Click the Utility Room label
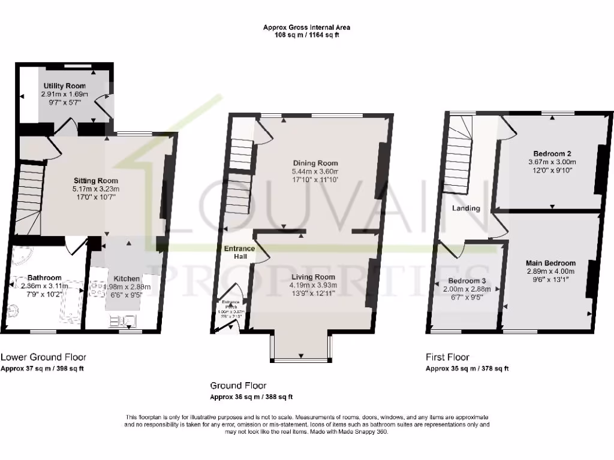click(65, 86)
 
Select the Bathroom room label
click(45, 278)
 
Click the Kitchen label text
click(127, 279)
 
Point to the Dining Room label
click(315, 163)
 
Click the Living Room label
click(313, 277)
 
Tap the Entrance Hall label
click(239, 252)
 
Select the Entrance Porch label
click(231, 304)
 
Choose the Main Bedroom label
click(550, 263)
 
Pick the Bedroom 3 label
click(466, 281)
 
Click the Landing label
click(466, 208)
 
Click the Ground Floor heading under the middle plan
click(238, 386)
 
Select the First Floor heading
click(447, 357)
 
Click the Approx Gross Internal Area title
click(306, 27)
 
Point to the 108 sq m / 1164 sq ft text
click(306, 35)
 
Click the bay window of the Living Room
click(301, 347)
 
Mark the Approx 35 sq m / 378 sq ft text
click(467, 368)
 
